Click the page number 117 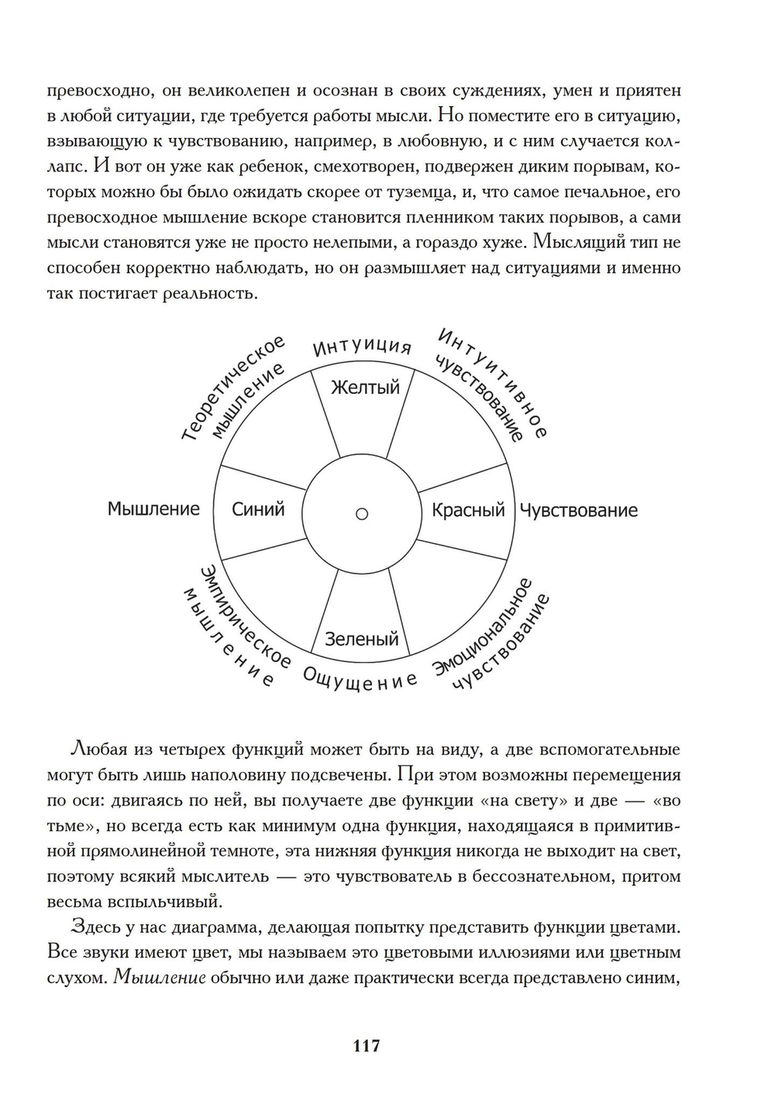[x=367, y=1046]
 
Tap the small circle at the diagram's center [x=361, y=513]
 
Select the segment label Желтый [x=365, y=386]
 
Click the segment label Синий [x=258, y=509]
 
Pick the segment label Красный [x=468, y=510]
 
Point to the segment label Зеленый [x=361, y=639]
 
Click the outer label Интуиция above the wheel [x=362, y=347]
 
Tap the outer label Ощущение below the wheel [x=360, y=680]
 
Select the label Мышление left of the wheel [x=153, y=509]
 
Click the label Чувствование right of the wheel [x=578, y=510]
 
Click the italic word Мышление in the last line [x=159, y=978]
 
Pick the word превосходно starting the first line [x=94, y=91]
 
